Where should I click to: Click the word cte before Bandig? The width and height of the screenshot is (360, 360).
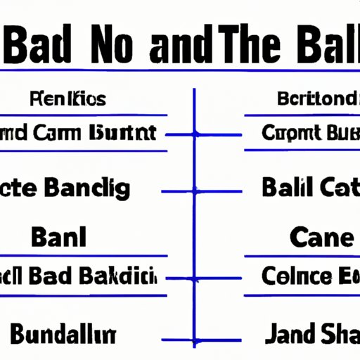21,188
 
